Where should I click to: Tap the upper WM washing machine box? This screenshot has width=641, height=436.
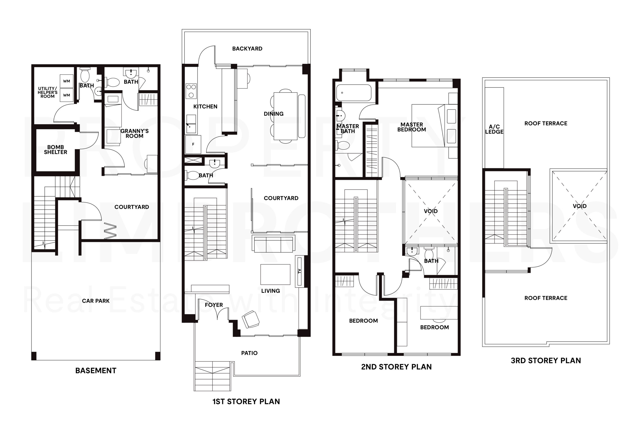tap(66, 81)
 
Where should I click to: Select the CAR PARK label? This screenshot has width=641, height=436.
tap(96, 301)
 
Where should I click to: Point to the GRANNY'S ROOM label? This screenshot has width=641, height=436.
tap(135, 133)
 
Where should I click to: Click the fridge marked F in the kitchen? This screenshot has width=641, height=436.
tap(193, 144)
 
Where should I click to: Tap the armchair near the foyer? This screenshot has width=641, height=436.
tap(250, 319)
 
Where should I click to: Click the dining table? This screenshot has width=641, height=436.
tap(285, 116)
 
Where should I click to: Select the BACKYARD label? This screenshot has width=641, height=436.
tap(247, 49)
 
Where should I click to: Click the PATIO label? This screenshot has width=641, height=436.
tap(249, 353)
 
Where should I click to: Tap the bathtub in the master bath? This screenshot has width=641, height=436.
tap(354, 93)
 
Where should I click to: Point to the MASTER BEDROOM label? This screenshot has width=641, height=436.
tap(412, 127)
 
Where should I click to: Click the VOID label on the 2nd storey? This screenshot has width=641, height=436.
tap(431, 211)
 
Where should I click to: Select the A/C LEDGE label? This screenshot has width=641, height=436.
tap(494, 129)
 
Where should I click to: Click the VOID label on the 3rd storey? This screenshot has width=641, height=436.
tap(579, 206)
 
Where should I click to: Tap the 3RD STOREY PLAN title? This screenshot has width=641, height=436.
tap(546, 361)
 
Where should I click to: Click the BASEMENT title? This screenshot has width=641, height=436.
tap(96, 371)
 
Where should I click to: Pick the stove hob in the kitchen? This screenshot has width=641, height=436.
tap(191, 91)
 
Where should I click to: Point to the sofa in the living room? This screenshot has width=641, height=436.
tap(273, 244)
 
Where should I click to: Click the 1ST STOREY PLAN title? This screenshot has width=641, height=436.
tap(246, 401)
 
